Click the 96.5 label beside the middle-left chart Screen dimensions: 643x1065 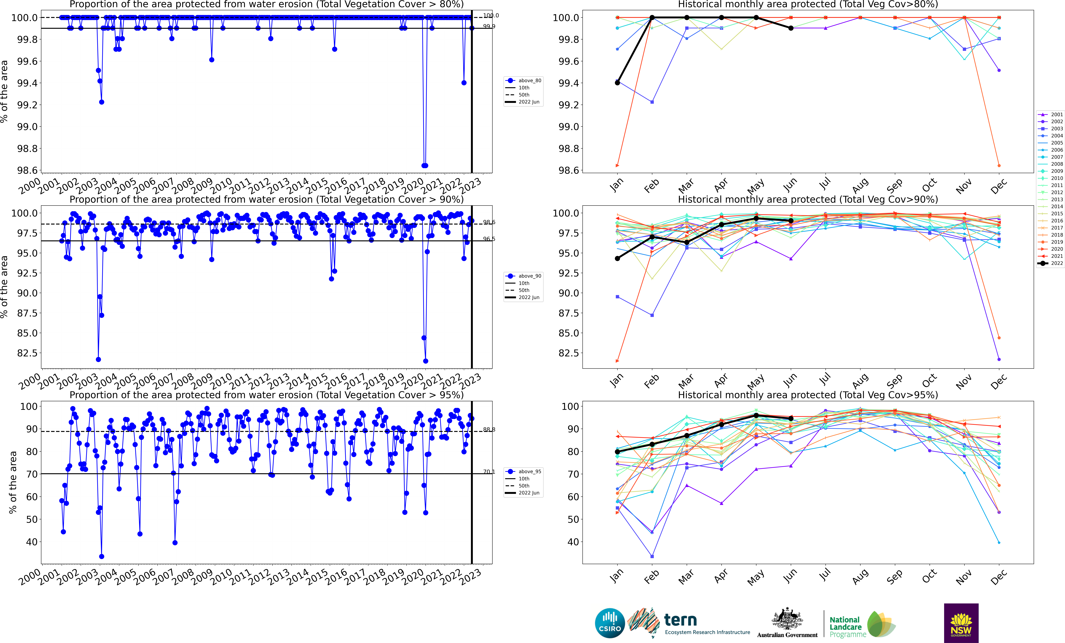pos(489,239)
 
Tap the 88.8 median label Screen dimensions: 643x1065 pos(489,429)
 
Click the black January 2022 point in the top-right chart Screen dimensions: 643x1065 pos(617,83)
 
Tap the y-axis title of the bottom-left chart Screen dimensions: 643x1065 pos(13,482)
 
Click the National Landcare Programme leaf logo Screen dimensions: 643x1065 pos(880,624)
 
